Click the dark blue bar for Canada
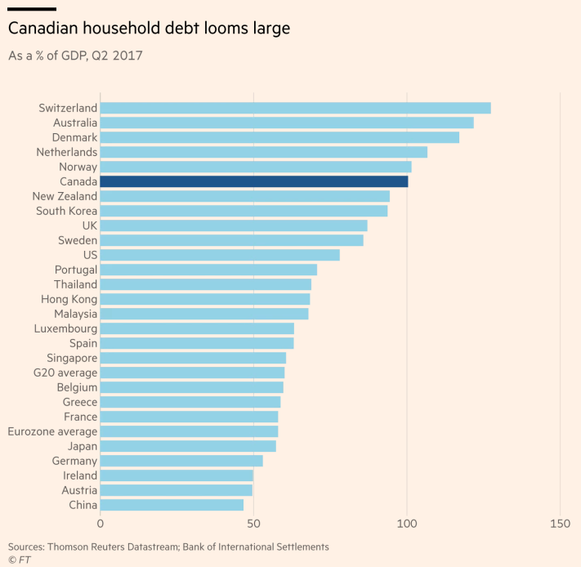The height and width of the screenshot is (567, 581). click(254, 181)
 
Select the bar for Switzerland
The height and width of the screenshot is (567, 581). click(295, 108)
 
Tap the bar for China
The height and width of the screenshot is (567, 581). click(172, 505)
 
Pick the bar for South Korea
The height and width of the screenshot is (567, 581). click(244, 211)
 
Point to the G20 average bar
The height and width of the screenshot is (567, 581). click(192, 373)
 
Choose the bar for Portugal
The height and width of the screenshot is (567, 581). click(208, 270)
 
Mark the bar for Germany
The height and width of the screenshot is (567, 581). click(181, 461)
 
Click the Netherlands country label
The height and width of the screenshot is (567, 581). click(66, 152)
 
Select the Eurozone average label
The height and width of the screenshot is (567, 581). click(52, 431)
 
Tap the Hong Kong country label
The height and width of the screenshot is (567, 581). click(70, 299)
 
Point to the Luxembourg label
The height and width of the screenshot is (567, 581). click(65, 328)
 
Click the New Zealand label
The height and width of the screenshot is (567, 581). click(65, 196)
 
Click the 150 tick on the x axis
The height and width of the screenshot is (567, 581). click(560, 523)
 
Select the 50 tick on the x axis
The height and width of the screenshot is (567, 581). click(253, 523)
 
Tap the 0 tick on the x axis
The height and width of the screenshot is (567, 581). click(101, 523)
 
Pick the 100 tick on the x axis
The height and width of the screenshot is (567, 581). click(407, 523)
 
